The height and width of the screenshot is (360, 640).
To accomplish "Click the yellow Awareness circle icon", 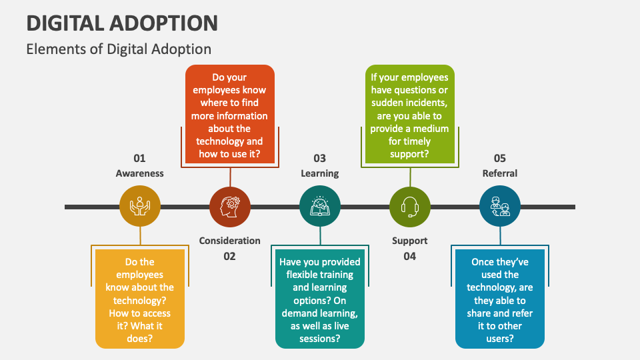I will tap(140, 207).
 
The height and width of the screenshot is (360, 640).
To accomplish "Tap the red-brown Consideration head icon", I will tap(230, 207).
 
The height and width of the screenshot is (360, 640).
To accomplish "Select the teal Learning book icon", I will tap(320, 207).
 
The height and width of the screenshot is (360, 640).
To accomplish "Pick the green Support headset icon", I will tap(410, 207).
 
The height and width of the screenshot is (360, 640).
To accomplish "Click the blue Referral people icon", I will tap(500, 207).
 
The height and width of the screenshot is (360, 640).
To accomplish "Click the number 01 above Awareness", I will tap(139, 159).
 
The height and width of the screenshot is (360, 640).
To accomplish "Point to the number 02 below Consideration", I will tap(229, 256).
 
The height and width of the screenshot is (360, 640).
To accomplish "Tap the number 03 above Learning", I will tap(320, 159).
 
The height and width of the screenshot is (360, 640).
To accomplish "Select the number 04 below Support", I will tap(410, 256).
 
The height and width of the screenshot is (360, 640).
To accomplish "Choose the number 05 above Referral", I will tap(500, 159).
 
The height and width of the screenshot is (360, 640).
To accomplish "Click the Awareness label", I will tap(139, 173).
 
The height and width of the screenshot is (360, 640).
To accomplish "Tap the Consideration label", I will tap(229, 241).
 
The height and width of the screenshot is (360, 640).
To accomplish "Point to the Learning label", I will tap(320, 173).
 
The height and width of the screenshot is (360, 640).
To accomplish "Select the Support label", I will tap(410, 241).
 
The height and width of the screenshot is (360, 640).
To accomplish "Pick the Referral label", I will tap(500, 173).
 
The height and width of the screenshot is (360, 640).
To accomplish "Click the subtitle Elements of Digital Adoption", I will tap(119, 49).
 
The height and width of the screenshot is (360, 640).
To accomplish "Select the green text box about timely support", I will tap(409, 115).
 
